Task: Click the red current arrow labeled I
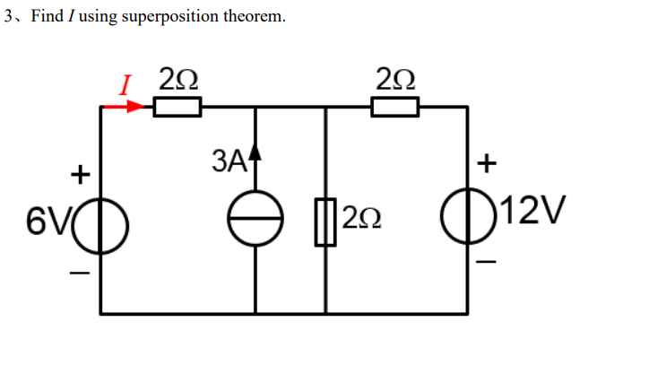pos(123,107)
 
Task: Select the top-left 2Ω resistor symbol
pos(177,108)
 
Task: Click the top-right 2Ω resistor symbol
pos(395,108)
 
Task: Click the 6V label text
pos(43,217)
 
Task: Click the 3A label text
pos(229,162)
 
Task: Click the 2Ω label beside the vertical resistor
pos(361,218)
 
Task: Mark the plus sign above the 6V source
pos(81,171)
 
